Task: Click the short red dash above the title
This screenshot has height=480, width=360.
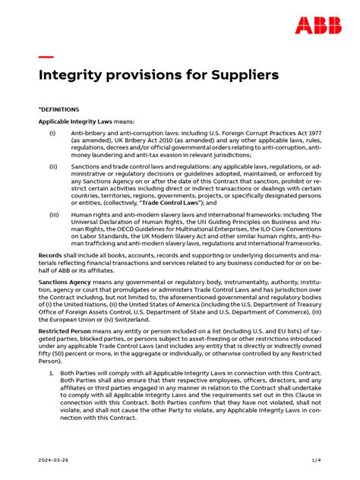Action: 46,57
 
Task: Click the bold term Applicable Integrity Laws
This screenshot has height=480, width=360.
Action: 74,121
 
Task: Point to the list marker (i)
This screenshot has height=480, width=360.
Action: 52,134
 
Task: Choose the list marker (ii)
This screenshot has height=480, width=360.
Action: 53,166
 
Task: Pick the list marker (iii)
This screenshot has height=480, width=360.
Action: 54,215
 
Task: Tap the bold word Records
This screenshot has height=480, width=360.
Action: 50,256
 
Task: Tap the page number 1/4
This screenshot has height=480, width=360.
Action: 316,460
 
